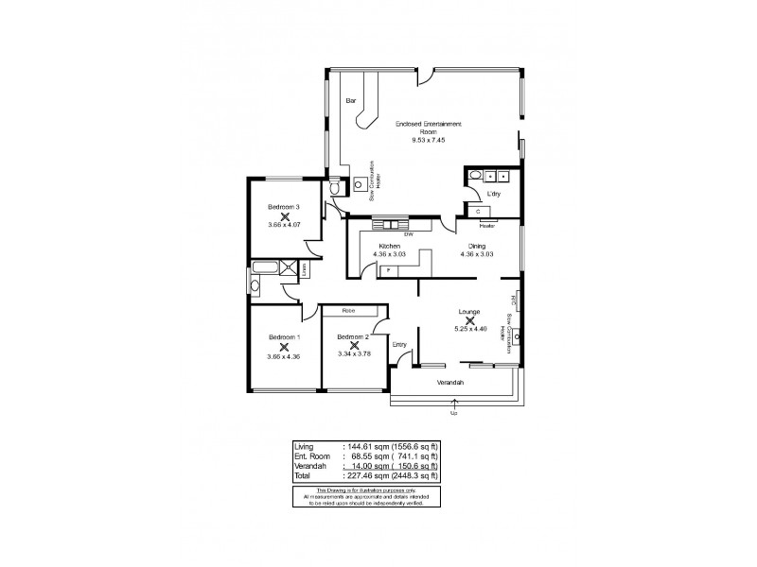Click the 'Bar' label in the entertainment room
click(350, 100)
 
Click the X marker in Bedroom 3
click(284, 216)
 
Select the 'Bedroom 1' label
click(284, 337)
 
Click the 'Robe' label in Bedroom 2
click(348, 309)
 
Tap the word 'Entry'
click(400, 345)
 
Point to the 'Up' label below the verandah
click(453, 412)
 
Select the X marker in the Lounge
click(470, 320)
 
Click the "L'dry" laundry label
click(492, 194)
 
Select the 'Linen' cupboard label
click(304, 270)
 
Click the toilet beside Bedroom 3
click(333, 188)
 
